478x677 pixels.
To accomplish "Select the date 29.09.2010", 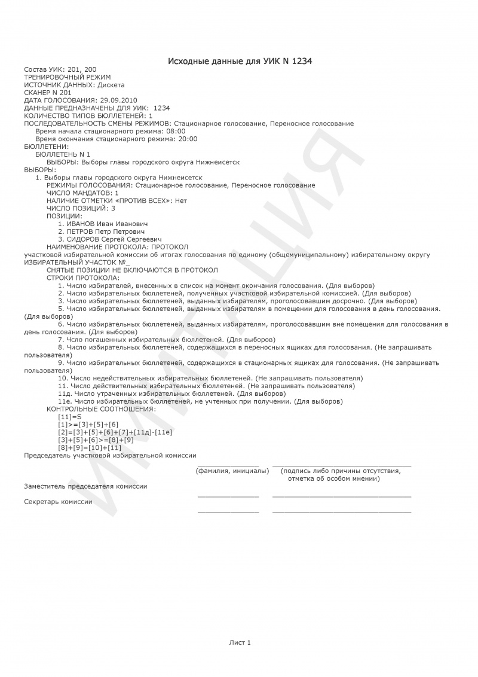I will (119, 100).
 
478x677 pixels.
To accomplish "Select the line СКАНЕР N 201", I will (47, 93).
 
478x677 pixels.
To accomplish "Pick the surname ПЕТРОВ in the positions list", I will (81, 231).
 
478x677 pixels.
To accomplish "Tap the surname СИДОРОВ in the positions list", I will (82, 239).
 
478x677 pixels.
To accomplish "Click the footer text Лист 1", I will (240, 642).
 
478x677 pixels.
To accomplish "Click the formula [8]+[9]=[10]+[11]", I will (90, 447).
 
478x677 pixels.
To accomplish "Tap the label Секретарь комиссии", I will (58, 502).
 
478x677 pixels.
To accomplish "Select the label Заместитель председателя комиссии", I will (85, 486).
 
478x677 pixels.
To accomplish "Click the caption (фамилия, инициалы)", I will (232, 471).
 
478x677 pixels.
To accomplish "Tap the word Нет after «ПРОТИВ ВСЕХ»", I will (182, 201).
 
